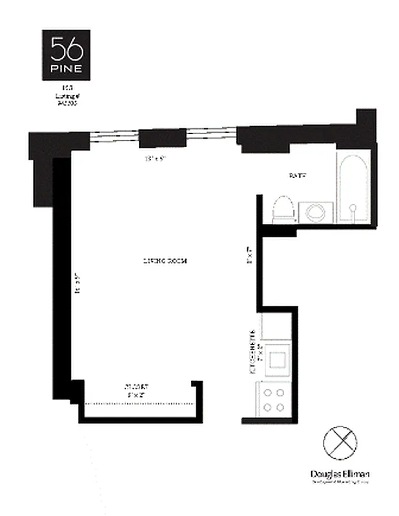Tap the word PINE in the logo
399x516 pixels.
point(67,67)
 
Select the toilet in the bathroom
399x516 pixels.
point(283,209)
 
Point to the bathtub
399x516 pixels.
point(353,188)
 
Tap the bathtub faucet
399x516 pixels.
point(353,208)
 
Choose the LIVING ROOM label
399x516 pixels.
point(165,261)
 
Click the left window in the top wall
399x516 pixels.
point(114,137)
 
